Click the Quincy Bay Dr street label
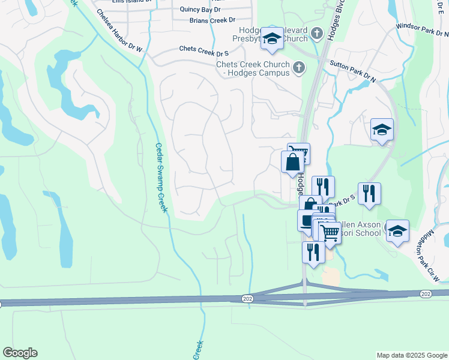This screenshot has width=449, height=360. [x=200, y=10]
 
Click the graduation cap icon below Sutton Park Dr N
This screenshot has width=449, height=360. [x=382, y=129]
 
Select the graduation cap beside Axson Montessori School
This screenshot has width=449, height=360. [x=397, y=230]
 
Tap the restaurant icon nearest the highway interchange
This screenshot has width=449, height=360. [x=313, y=251]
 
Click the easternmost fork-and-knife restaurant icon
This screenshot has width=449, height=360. [x=369, y=193]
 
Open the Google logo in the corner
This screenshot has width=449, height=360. [x=20, y=353]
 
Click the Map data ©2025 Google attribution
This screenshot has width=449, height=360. [x=412, y=355]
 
